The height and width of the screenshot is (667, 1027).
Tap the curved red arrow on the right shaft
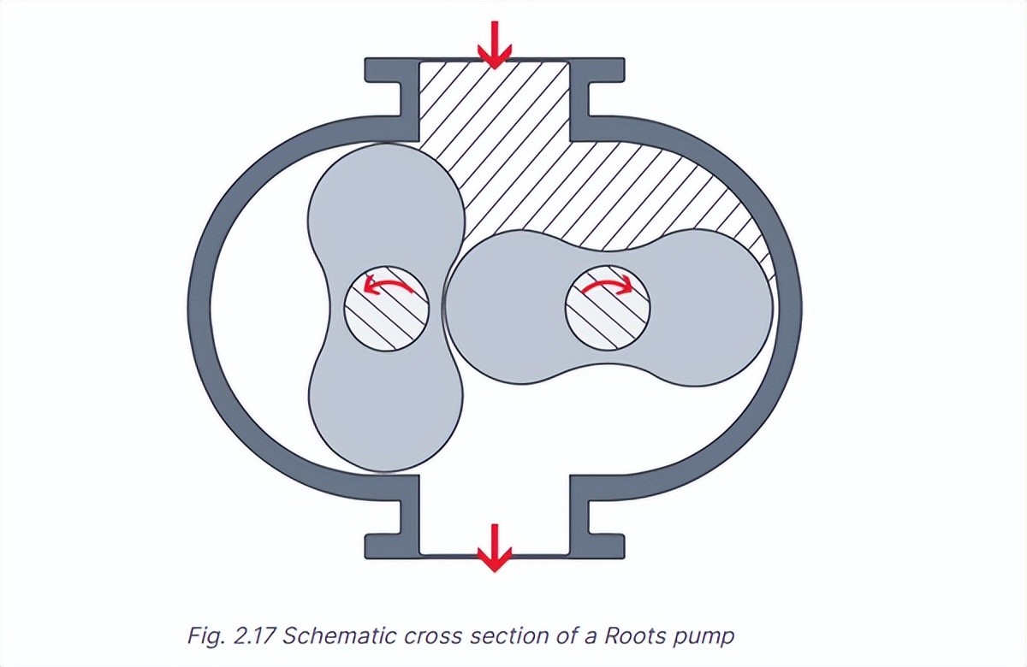coord(607,285)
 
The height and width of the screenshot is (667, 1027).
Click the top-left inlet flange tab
coord(390,69)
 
